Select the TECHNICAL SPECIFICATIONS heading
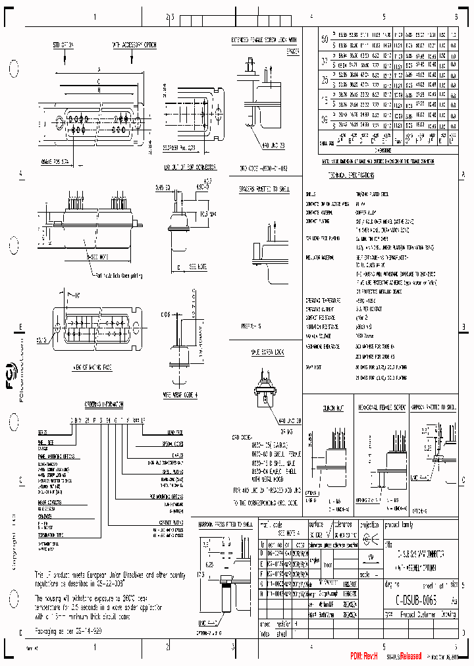coord(351,176)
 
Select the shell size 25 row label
coord(325,80)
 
